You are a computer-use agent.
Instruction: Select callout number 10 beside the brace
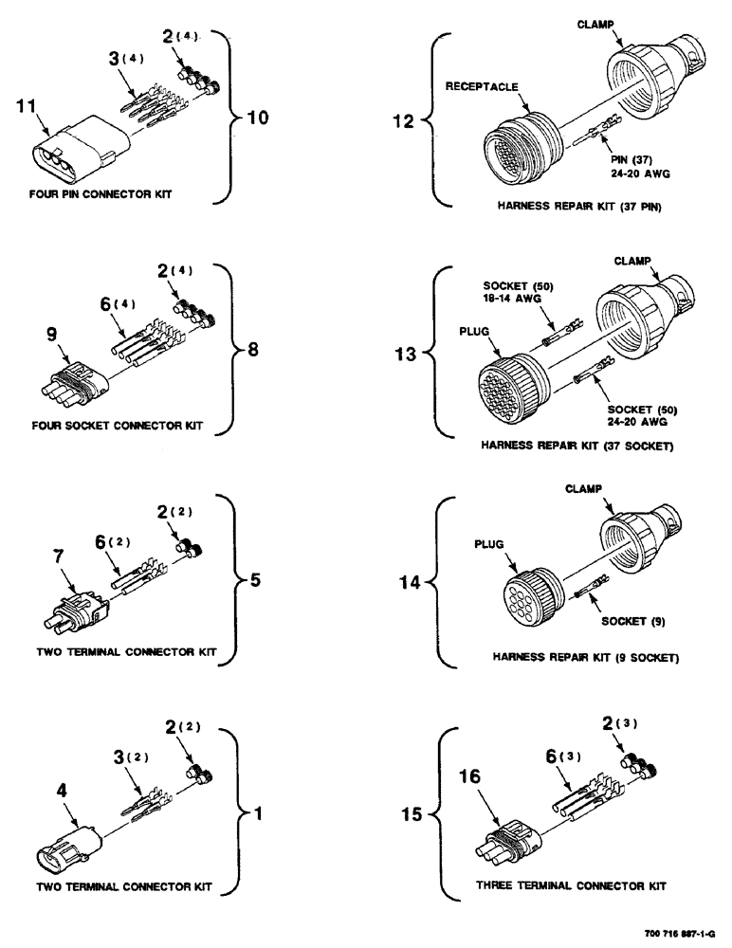[257, 118]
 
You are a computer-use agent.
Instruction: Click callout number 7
[59, 553]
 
